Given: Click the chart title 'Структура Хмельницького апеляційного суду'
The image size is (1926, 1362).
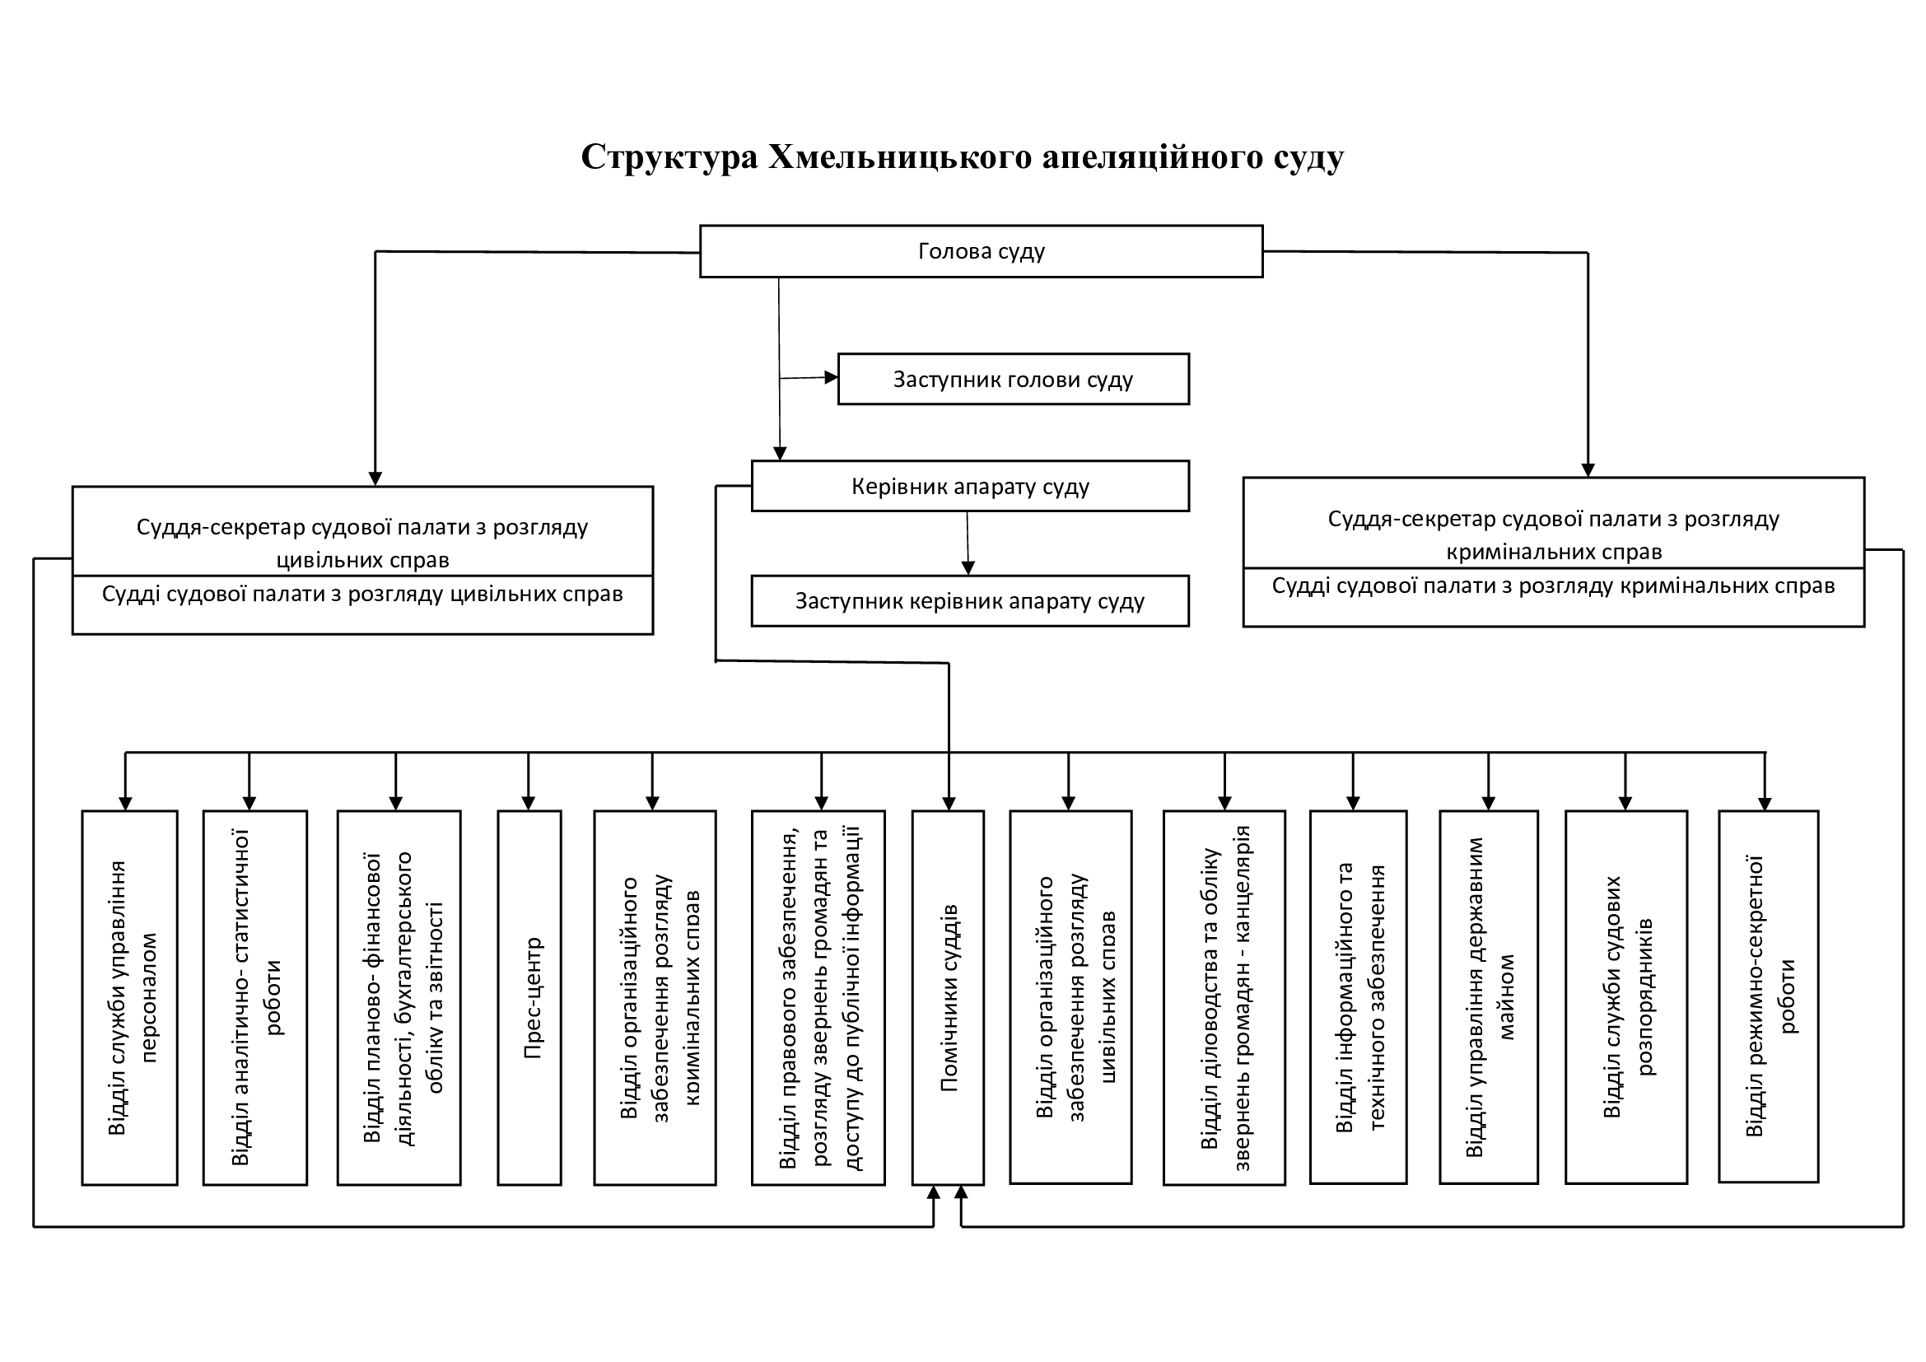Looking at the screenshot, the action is click(962, 156).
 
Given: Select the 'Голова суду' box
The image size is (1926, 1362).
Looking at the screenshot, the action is click(982, 251).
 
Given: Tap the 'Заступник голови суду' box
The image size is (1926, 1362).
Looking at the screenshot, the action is click(1014, 379).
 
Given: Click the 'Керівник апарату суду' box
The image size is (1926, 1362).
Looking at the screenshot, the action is click(971, 486).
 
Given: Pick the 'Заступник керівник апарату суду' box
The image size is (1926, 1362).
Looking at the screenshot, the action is click(971, 600).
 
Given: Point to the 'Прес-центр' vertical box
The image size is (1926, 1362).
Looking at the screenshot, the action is click(529, 997).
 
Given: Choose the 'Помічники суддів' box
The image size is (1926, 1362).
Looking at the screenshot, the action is click(948, 997).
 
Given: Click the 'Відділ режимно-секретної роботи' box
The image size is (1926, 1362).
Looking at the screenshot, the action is click(1768, 996).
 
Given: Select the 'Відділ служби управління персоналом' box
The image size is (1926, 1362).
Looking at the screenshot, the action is click(130, 997).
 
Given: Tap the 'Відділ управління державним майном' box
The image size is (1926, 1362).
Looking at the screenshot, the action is click(1489, 997).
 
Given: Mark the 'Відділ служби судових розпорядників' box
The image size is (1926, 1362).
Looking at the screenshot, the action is click(1626, 997).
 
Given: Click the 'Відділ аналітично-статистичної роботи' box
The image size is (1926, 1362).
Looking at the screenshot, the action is click(255, 997).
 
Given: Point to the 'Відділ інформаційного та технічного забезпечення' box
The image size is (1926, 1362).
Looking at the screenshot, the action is click(1358, 997).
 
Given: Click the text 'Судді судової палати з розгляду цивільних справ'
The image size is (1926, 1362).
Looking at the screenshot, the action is click(362, 594).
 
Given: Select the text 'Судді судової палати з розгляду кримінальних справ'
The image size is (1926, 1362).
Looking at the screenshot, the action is click(1554, 585).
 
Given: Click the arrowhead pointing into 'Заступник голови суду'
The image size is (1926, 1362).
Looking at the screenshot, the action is click(832, 377).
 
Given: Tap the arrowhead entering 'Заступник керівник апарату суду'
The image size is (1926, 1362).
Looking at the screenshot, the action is click(968, 568).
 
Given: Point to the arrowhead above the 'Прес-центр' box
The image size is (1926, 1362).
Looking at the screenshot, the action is click(529, 803).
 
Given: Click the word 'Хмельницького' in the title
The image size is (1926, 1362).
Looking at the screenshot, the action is click(900, 156).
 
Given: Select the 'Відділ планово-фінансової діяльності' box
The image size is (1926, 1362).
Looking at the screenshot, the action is click(399, 997).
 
